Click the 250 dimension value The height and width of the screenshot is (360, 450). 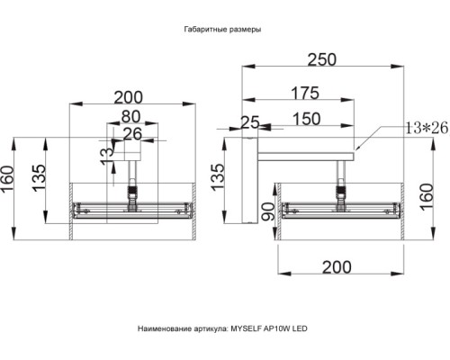(322, 59)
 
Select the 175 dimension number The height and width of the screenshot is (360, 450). (305, 93)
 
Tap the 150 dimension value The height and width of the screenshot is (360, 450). (306, 119)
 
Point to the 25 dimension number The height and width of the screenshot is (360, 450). (250, 122)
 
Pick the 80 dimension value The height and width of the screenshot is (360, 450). (130, 116)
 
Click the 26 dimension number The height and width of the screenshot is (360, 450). (132, 134)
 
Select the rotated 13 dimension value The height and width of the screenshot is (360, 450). (107, 157)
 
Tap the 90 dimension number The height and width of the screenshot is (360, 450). (267, 211)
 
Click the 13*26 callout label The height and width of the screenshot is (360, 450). (427, 128)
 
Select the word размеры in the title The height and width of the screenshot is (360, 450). (245, 30)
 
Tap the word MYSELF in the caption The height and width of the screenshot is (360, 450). (246, 328)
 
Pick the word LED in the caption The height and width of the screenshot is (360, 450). (300, 328)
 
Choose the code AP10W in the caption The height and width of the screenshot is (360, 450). (277, 328)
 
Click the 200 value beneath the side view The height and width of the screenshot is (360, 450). (337, 267)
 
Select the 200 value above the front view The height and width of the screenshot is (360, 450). (129, 97)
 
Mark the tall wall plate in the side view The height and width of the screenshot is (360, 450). (250, 180)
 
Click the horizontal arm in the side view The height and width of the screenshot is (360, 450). (306, 157)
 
